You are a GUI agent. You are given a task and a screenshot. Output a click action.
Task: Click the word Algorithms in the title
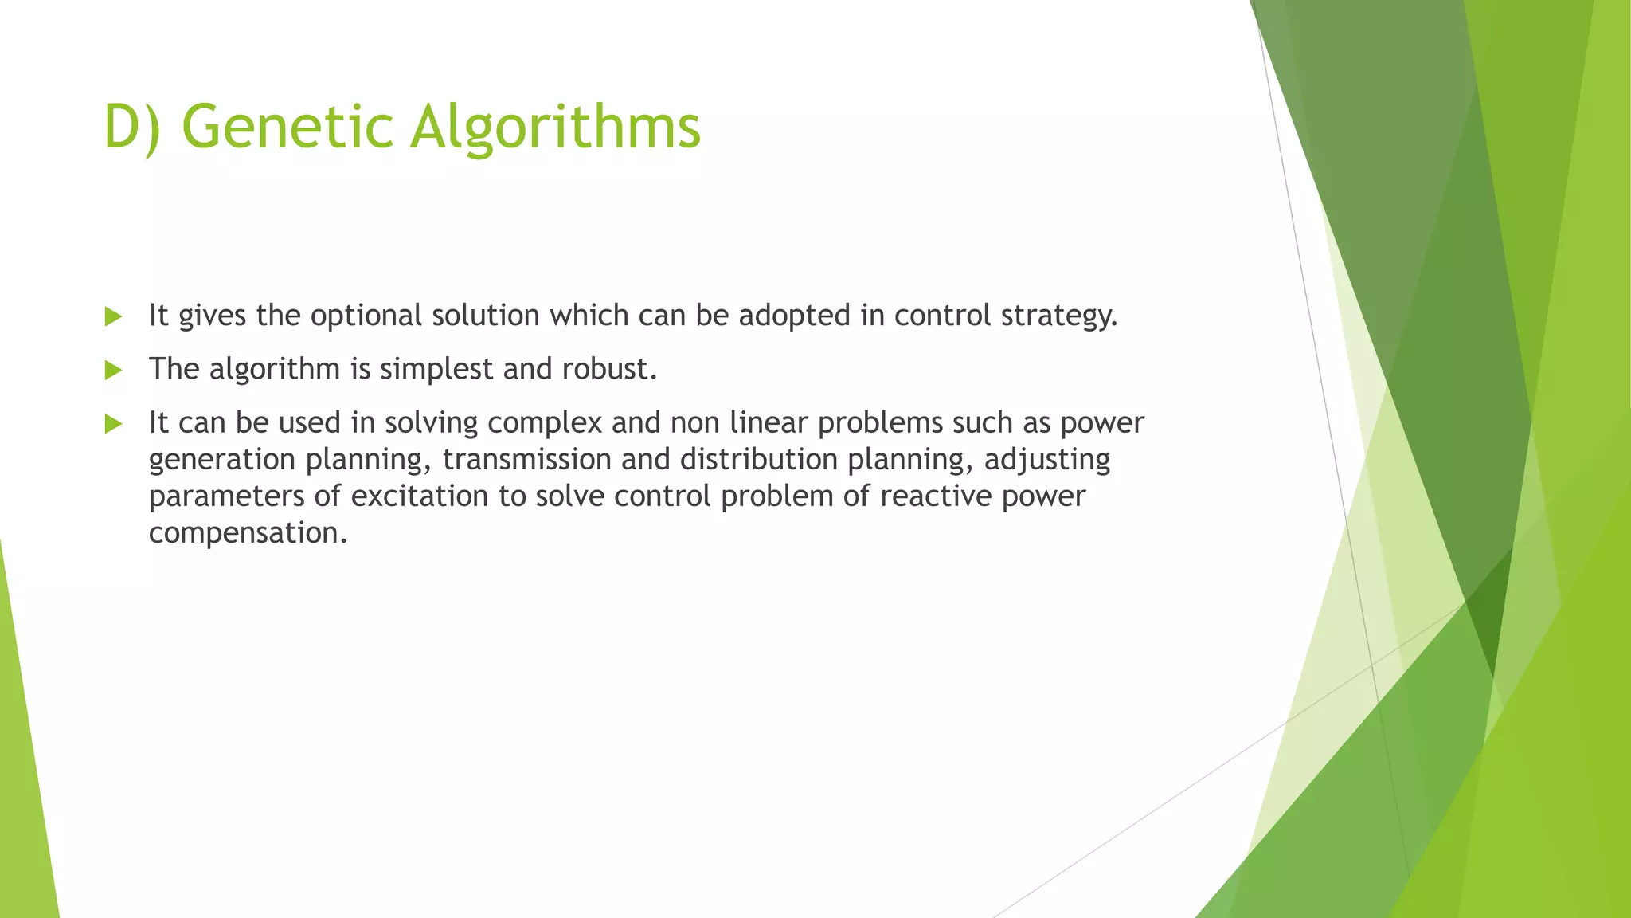tap(555, 127)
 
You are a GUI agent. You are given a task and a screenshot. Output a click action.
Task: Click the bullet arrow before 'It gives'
tap(113, 316)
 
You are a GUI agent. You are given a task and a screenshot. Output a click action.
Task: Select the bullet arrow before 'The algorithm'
tap(113, 370)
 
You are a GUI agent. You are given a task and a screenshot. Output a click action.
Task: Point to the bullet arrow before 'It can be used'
tap(113, 423)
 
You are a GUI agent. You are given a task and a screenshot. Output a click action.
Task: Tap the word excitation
tap(419, 496)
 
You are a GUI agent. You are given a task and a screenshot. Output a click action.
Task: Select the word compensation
tap(248, 532)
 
